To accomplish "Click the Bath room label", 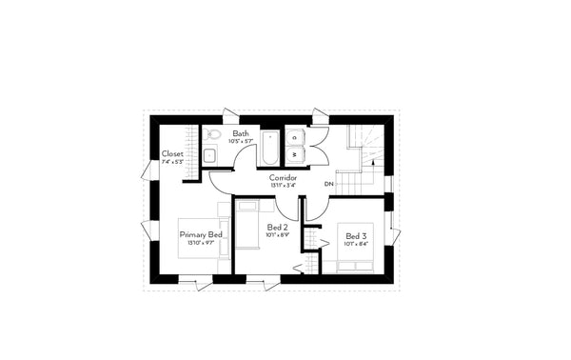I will [241, 134].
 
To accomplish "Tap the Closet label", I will [172, 153].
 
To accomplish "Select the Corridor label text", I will [284, 178].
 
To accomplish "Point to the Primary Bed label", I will [201, 234].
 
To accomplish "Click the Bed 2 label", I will [278, 228].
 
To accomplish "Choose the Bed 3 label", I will [356, 235].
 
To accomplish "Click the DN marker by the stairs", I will [328, 183].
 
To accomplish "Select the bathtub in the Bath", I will [270, 152].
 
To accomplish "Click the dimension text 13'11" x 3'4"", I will [284, 186].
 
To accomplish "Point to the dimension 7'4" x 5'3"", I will [172, 162].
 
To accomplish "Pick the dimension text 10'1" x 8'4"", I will [356, 244].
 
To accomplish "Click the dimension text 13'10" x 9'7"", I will [201, 243].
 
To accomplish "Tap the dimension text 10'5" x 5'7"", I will [241, 142].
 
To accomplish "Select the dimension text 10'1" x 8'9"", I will [278, 236].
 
